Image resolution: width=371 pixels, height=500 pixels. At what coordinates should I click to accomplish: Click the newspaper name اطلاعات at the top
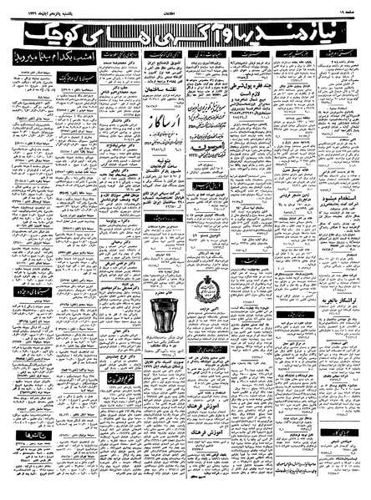coord(185,11)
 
